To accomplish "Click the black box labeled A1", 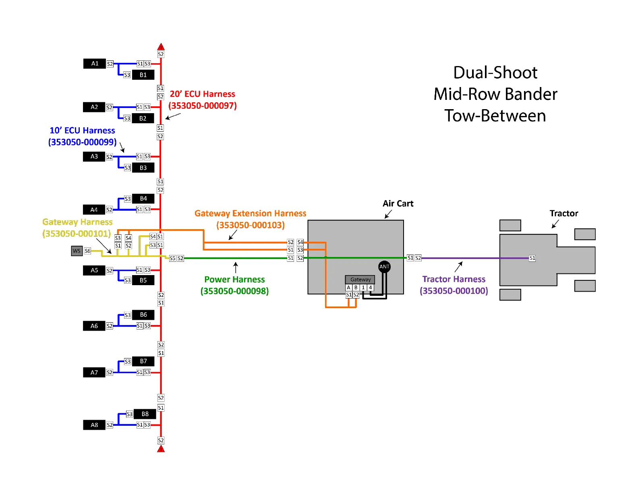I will coord(95,64).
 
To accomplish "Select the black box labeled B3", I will coord(143,168).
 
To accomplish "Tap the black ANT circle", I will coord(384,267).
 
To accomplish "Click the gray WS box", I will coord(77,251).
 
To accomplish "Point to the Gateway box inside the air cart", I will coord(360,280).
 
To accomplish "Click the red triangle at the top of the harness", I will coord(161,47).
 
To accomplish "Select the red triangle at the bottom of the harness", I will coord(161,449).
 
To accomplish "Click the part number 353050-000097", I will coord(203,106).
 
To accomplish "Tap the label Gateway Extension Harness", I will coord(250,213).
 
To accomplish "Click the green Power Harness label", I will coord(234,280).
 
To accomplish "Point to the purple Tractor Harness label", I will coord(454,279).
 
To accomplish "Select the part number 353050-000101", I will coord(77,234).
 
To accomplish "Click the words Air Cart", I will coord(398,204).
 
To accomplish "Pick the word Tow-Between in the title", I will coord(495,116).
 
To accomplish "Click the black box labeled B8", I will coord(145,414).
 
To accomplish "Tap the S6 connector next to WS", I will coord(87,251).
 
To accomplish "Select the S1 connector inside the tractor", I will coord(532,258).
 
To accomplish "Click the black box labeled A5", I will coord(94,270).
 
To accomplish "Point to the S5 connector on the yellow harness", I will coord(172,258).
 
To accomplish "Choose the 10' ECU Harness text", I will coord(82,130).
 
